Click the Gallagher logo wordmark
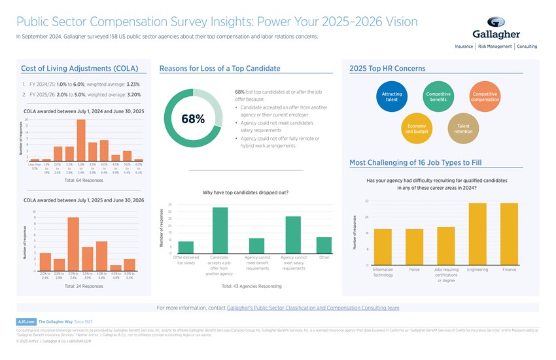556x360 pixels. click(496, 34)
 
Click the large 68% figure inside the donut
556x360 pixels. click(192, 119)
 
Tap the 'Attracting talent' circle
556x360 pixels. click(392, 97)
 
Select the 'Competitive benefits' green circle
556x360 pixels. click(438, 97)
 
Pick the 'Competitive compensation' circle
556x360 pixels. click(485, 97)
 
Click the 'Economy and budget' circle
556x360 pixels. click(417, 128)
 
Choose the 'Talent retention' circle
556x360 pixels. click(463, 128)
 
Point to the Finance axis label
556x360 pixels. click(510, 270)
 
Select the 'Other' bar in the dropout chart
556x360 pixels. click(324, 245)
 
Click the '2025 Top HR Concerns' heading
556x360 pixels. click(387, 68)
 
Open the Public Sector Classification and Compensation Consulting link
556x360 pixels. click(313, 307)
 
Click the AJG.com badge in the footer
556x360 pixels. click(26, 322)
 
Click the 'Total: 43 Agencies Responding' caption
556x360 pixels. click(252, 286)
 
